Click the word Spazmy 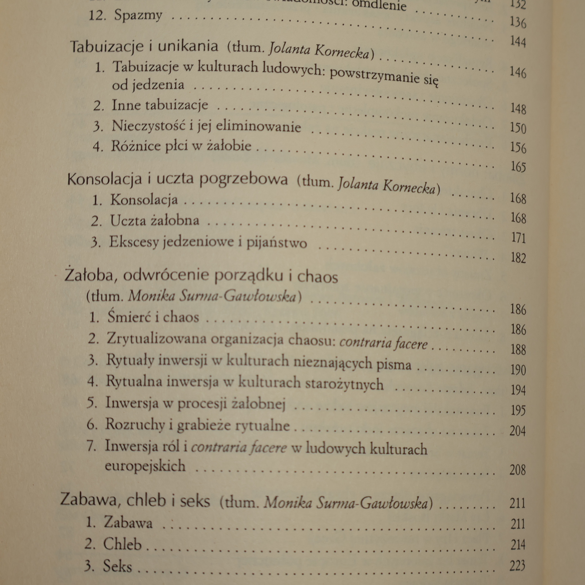[x=138, y=16]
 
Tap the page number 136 [x=518, y=23]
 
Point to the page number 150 [x=518, y=128]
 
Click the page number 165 [x=518, y=167]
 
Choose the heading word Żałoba [x=89, y=275]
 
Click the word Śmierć [x=129, y=317]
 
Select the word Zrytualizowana [x=157, y=339]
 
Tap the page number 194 [x=518, y=390]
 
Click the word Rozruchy [x=135, y=424]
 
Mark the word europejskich [x=145, y=466]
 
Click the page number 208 [x=517, y=470]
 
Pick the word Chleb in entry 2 [x=122, y=544]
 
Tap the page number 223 [x=517, y=566]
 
